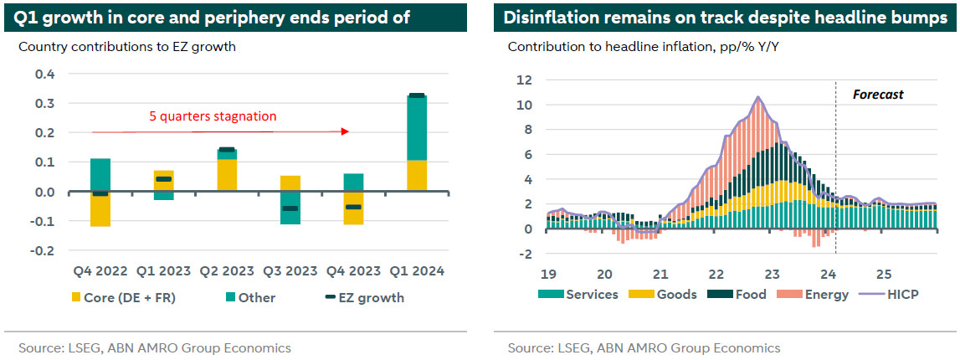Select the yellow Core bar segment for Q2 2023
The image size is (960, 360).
(226, 175)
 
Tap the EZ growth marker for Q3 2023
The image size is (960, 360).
(289, 208)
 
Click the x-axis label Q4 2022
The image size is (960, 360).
(100, 271)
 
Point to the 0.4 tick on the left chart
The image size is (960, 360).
(44, 75)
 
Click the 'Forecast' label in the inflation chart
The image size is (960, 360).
(878, 95)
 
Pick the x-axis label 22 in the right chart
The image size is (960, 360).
(716, 273)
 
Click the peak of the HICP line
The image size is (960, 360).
(758, 98)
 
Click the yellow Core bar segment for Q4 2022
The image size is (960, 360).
(100, 209)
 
